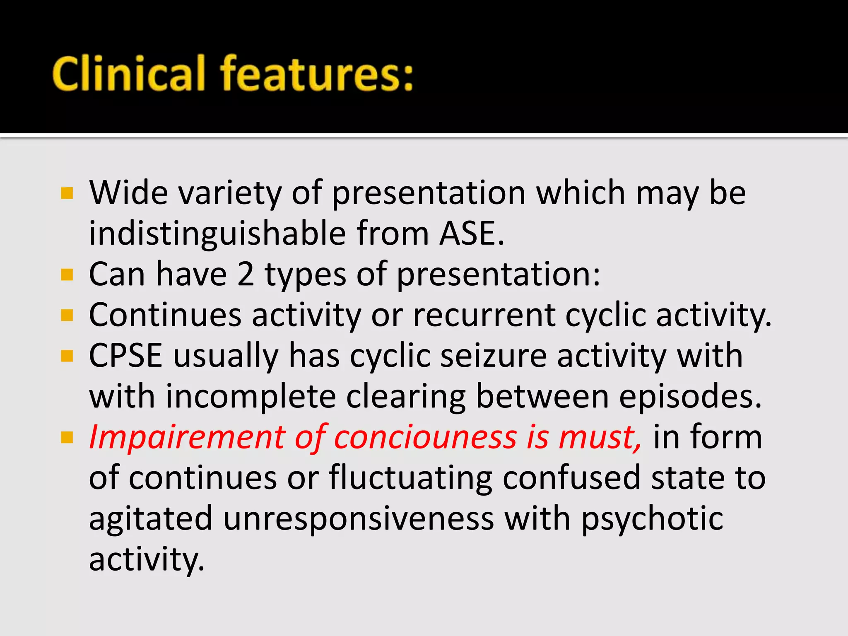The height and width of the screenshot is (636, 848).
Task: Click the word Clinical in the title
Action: coord(128,74)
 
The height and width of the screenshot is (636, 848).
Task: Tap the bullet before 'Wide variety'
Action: coord(67,193)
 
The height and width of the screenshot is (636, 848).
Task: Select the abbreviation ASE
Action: coord(471,234)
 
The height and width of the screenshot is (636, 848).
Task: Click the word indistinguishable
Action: coord(217,234)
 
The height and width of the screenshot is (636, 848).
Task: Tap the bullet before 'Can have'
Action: coord(67,275)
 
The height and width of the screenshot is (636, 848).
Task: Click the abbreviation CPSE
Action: coord(125,356)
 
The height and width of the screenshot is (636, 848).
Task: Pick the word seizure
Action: coord(493,356)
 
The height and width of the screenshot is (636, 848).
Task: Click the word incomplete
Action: coord(251,396)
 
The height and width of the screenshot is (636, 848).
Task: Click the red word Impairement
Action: coord(187,437)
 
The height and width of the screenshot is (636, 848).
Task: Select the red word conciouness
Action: coord(425,437)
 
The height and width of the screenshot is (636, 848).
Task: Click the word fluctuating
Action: coord(410,478)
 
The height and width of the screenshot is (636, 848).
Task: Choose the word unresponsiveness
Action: coord(359,518)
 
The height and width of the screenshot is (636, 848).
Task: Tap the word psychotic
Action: coord(652,518)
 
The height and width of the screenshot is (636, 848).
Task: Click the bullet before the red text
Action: coord(67,437)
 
